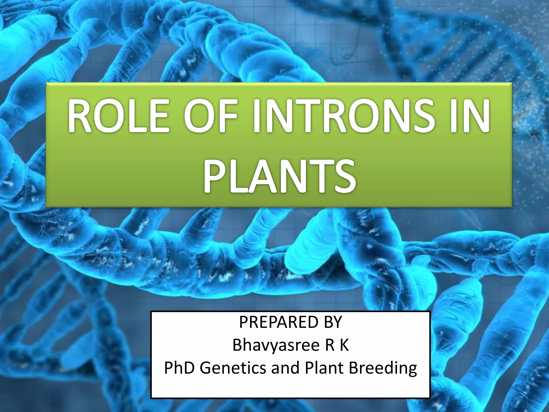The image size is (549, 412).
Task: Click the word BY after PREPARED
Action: tap(333, 322)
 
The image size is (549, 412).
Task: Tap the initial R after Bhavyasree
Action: tap(329, 345)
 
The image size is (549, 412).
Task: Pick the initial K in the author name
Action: tap(344, 345)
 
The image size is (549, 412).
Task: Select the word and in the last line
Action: tap(285, 368)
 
